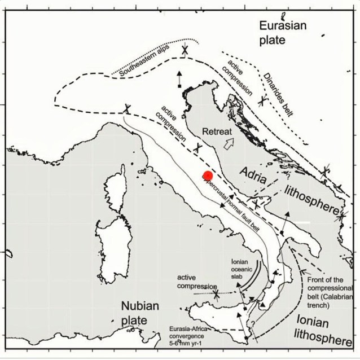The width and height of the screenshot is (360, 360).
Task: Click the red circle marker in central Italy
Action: pyautogui.click(x=208, y=175)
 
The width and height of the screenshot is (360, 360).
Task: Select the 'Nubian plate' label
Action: pyautogui.click(x=141, y=313)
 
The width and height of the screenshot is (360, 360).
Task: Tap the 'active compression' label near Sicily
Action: pyautogui.click(x=197, y=283)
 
